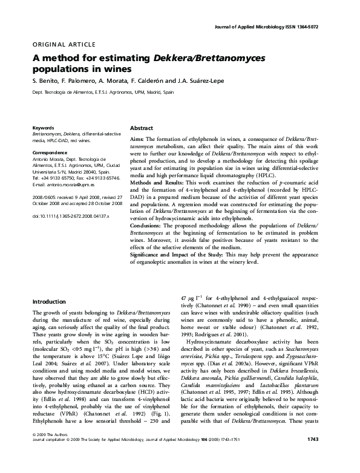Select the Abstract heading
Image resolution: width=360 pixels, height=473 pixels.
pos(142,129)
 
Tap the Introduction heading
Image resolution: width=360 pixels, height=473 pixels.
pos(49,301)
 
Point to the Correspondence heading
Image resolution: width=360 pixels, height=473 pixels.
pos(50,146)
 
